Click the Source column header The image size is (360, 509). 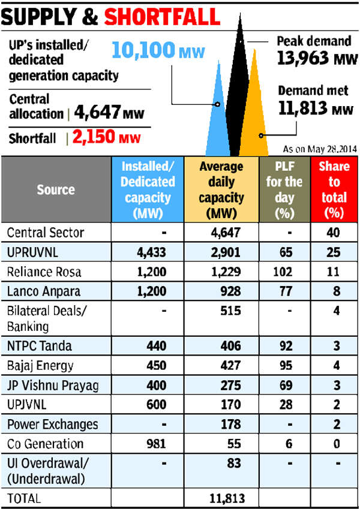click(x=56, y=189)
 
